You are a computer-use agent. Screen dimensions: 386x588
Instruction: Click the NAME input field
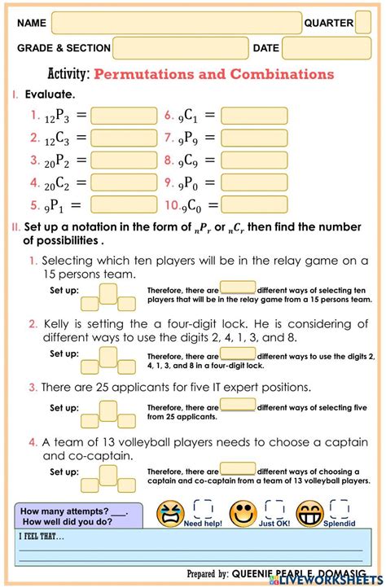pyautogui.click(x=176, y=23)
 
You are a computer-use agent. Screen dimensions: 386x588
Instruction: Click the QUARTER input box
pyautogui.click(x=362, y=23)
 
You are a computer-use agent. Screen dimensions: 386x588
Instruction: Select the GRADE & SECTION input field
pyautogui.click(x=180, y=49)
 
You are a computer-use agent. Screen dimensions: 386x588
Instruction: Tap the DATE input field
pyautogui.click(x=326, y=49)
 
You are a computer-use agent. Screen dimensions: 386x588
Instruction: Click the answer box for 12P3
pyautogui.click(x=124, y=116)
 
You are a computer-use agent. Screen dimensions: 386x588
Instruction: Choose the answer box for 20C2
pyautogui.click(x=124, y=183)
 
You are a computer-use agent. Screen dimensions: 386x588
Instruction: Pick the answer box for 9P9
pyautogui.click(x=253, y=138)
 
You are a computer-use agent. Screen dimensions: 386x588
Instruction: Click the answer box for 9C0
pyautogui.click(x=253, y=205)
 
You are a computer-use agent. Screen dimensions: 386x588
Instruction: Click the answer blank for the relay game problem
pyautogui.click(x=238, y=287)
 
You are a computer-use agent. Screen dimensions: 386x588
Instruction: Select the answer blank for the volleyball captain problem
pyautogui.click(x=238, y=469)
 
